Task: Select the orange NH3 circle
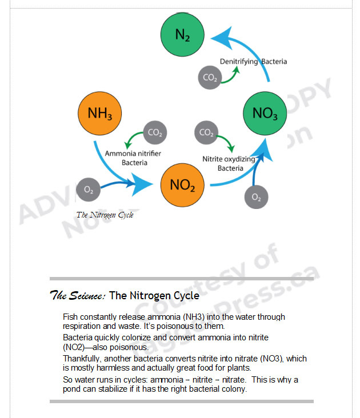99,113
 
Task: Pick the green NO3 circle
265,113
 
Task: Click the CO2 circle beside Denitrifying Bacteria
210,78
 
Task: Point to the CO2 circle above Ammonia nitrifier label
154,132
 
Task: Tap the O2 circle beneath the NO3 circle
256,198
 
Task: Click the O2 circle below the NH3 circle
88,189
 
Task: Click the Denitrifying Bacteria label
254,61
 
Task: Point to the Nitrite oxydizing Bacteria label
230,163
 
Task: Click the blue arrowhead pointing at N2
221,38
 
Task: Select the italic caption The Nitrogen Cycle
105,215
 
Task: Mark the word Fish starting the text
70,316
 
